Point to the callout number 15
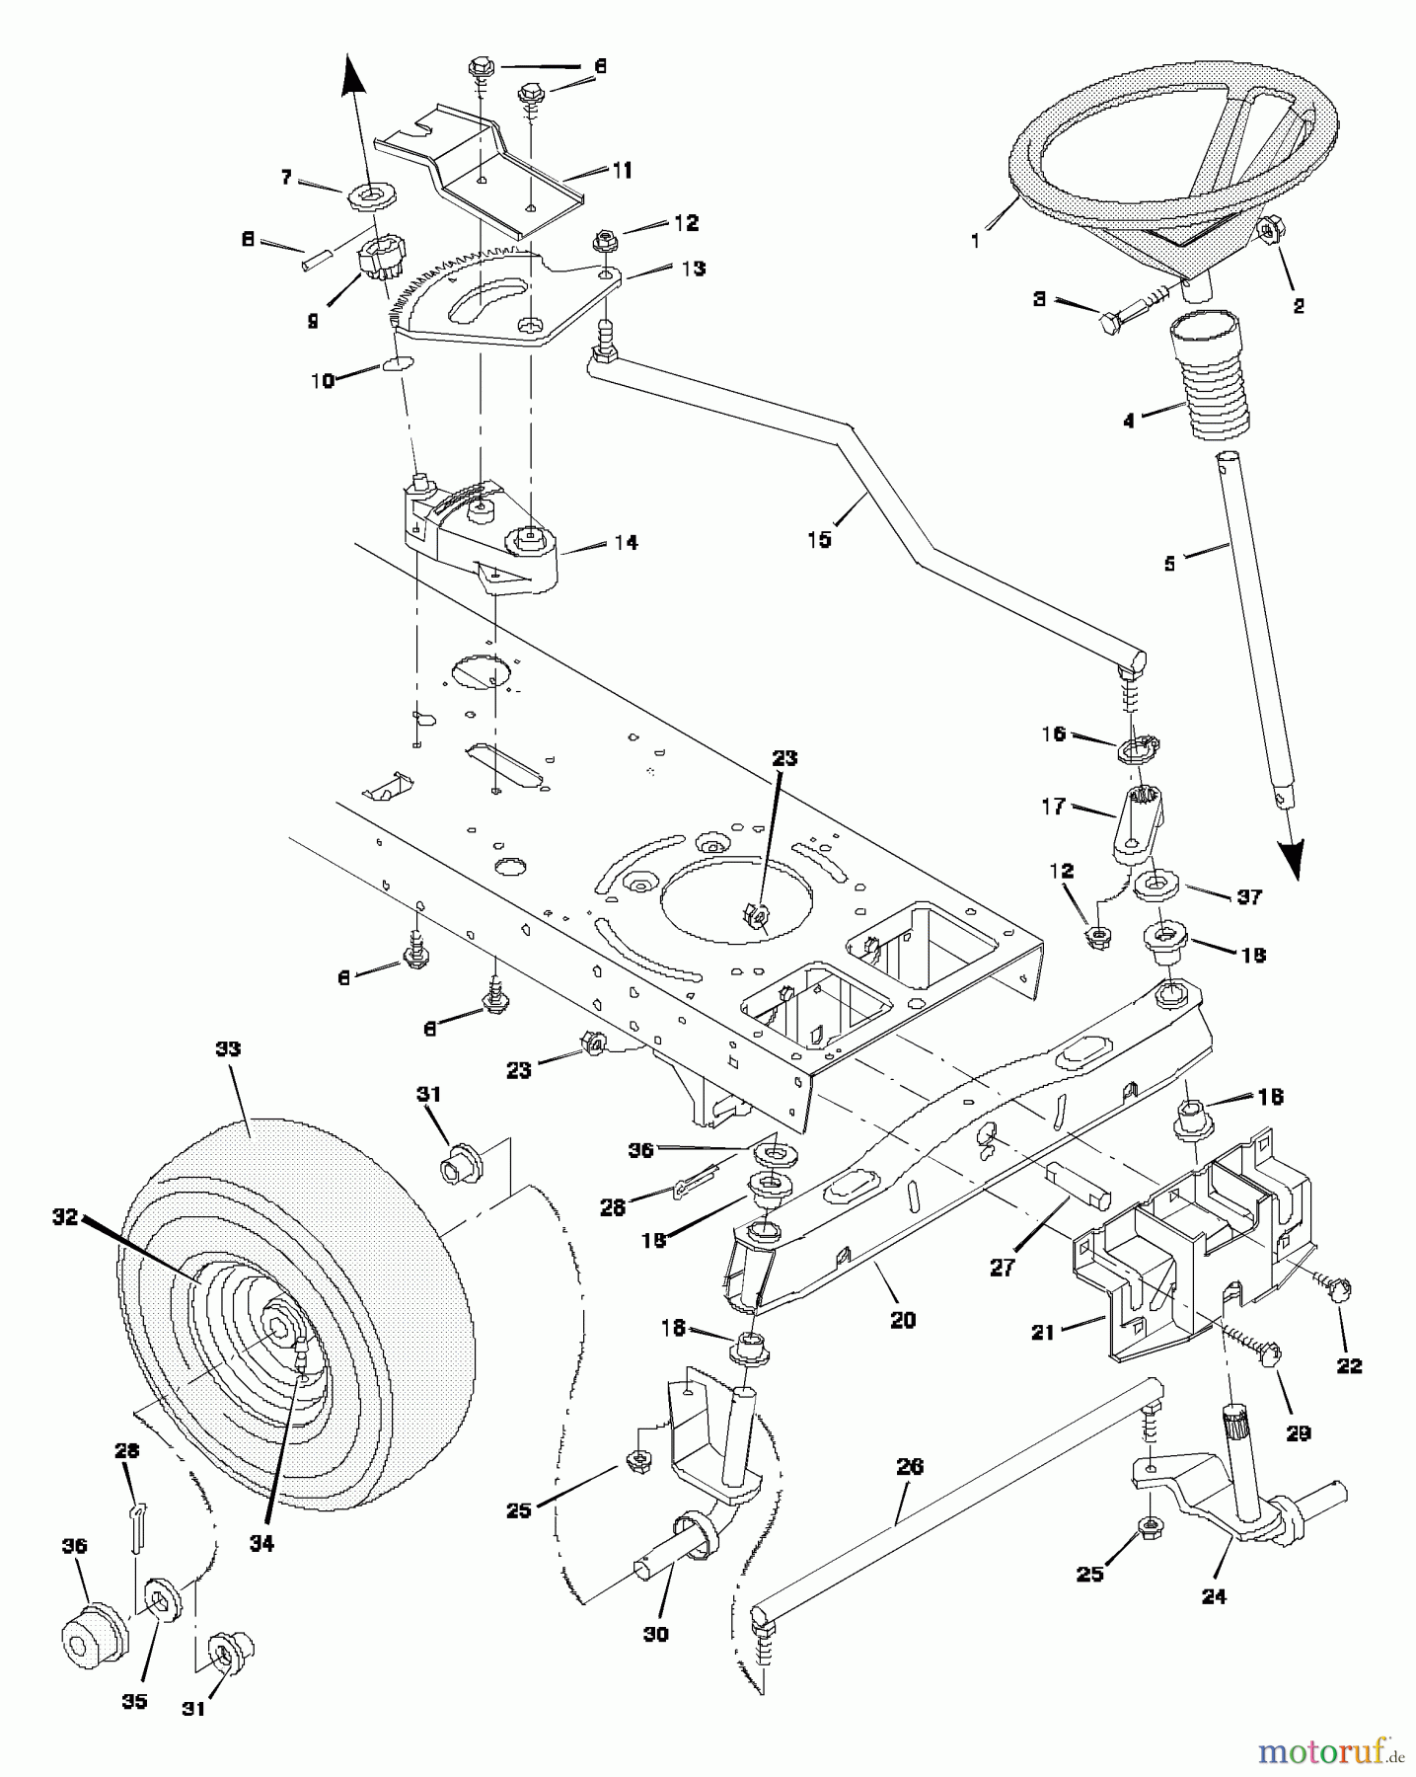coord(819,539)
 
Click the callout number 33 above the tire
coord(228,1048)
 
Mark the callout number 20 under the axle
coord(903,1320)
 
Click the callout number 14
coord(626,542)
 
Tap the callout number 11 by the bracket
coord(622,171)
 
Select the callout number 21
coord(1042,1332)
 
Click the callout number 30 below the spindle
coord(655,1634)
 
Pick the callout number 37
coord(1249,896)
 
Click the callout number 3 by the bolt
coord(1039,298)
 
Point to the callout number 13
coord(694,268)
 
